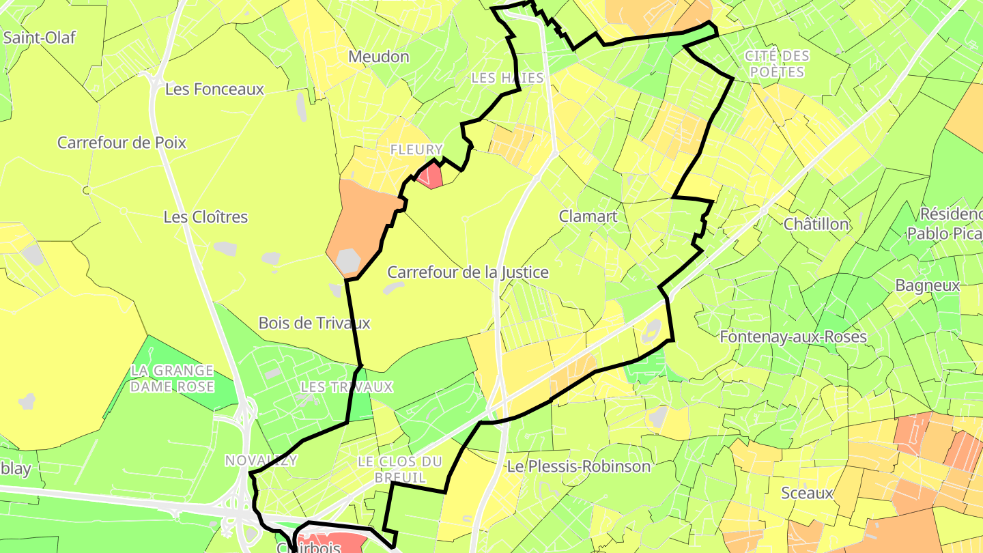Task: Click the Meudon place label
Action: point(379,57)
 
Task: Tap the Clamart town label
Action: point(588,216)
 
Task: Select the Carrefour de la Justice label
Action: point(468,272)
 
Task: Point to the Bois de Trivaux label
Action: point(314,323)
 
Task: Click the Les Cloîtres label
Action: point(205,217)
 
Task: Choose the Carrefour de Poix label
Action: point(122,143)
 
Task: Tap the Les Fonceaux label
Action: point(214,89)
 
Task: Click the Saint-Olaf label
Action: point(39,38)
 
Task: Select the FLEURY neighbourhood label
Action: point(416,150)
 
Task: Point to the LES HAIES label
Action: point(507,78)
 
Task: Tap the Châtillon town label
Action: point(816,224)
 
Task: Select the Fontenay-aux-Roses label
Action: point(793,337)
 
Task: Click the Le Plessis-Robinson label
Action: point(578,467)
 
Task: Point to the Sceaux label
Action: point(808,493)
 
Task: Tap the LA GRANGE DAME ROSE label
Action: point(172,378)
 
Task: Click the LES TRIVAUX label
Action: point(347,387)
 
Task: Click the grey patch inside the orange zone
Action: point(349,260)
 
